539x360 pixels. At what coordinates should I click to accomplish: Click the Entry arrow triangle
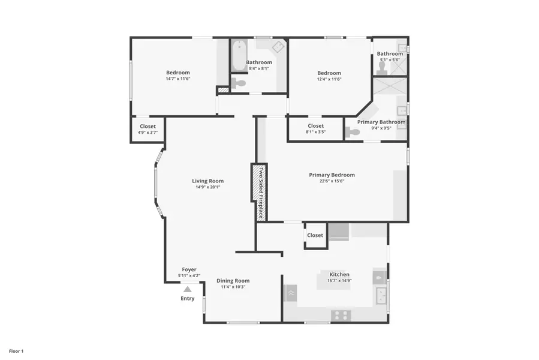(187, 289)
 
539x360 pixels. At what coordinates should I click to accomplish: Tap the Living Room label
(207, 181)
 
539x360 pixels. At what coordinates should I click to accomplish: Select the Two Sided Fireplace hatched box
(259, 193)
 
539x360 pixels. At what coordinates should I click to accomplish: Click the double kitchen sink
(380, 296)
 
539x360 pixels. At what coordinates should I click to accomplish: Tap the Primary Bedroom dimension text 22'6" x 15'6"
(332, 181)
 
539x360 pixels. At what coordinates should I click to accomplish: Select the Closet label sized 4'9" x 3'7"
(147, 127)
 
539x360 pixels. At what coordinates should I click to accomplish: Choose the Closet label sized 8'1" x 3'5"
(315, 126)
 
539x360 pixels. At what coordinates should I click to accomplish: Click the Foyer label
(189, 270)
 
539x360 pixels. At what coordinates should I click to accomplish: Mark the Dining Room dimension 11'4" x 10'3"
(233, 287)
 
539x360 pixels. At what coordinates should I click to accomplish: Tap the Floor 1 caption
(16, 350)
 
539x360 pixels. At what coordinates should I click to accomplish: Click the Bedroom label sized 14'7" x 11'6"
(178, 73)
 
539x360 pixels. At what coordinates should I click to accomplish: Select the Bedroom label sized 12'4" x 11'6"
(329, 73)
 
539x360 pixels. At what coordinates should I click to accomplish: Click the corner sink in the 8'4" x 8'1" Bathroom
(279, 47)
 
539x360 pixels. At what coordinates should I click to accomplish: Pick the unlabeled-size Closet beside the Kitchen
(315, 235)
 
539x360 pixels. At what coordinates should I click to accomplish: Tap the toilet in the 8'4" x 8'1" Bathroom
(239, 83)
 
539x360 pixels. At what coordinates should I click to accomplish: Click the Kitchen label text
(339, 275)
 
